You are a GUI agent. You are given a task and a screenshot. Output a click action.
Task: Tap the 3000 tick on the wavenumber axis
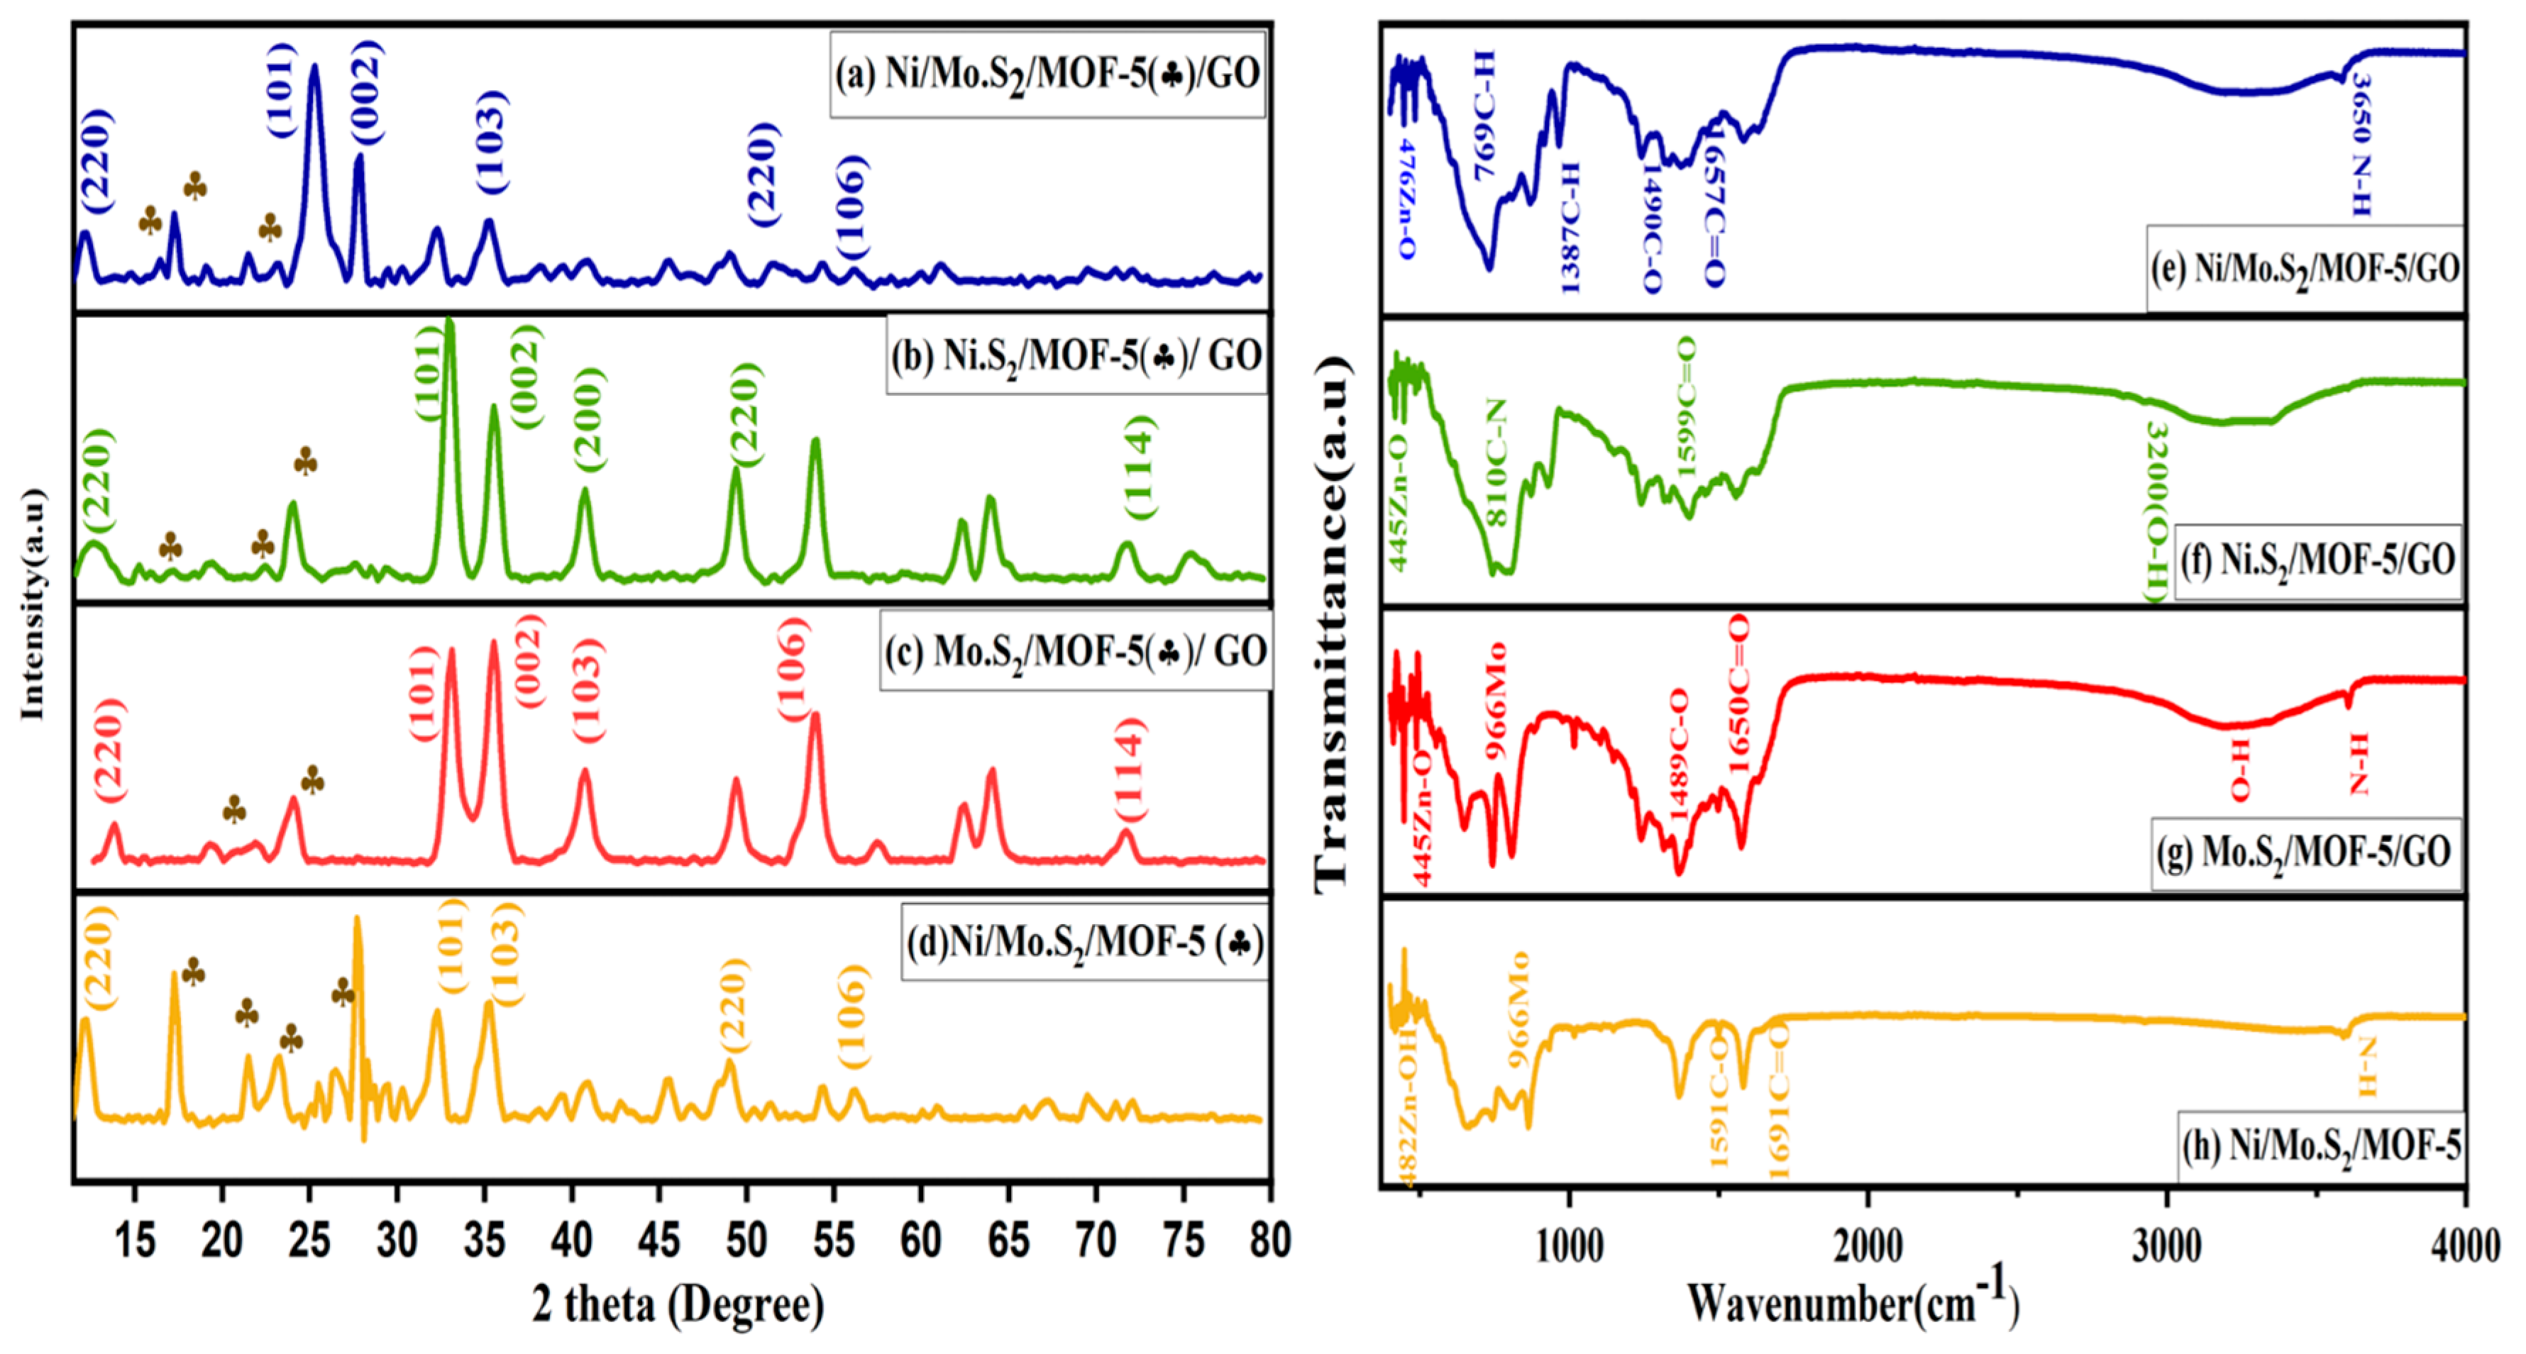point(2166,1246)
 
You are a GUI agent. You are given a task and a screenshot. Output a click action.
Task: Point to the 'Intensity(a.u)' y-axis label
point(33,603)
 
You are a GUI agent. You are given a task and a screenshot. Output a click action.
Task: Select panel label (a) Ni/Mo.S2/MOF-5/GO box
point(1047,74)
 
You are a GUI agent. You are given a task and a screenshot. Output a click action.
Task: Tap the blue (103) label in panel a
point(491,141)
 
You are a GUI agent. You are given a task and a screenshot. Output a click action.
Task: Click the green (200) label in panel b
point(590,420)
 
